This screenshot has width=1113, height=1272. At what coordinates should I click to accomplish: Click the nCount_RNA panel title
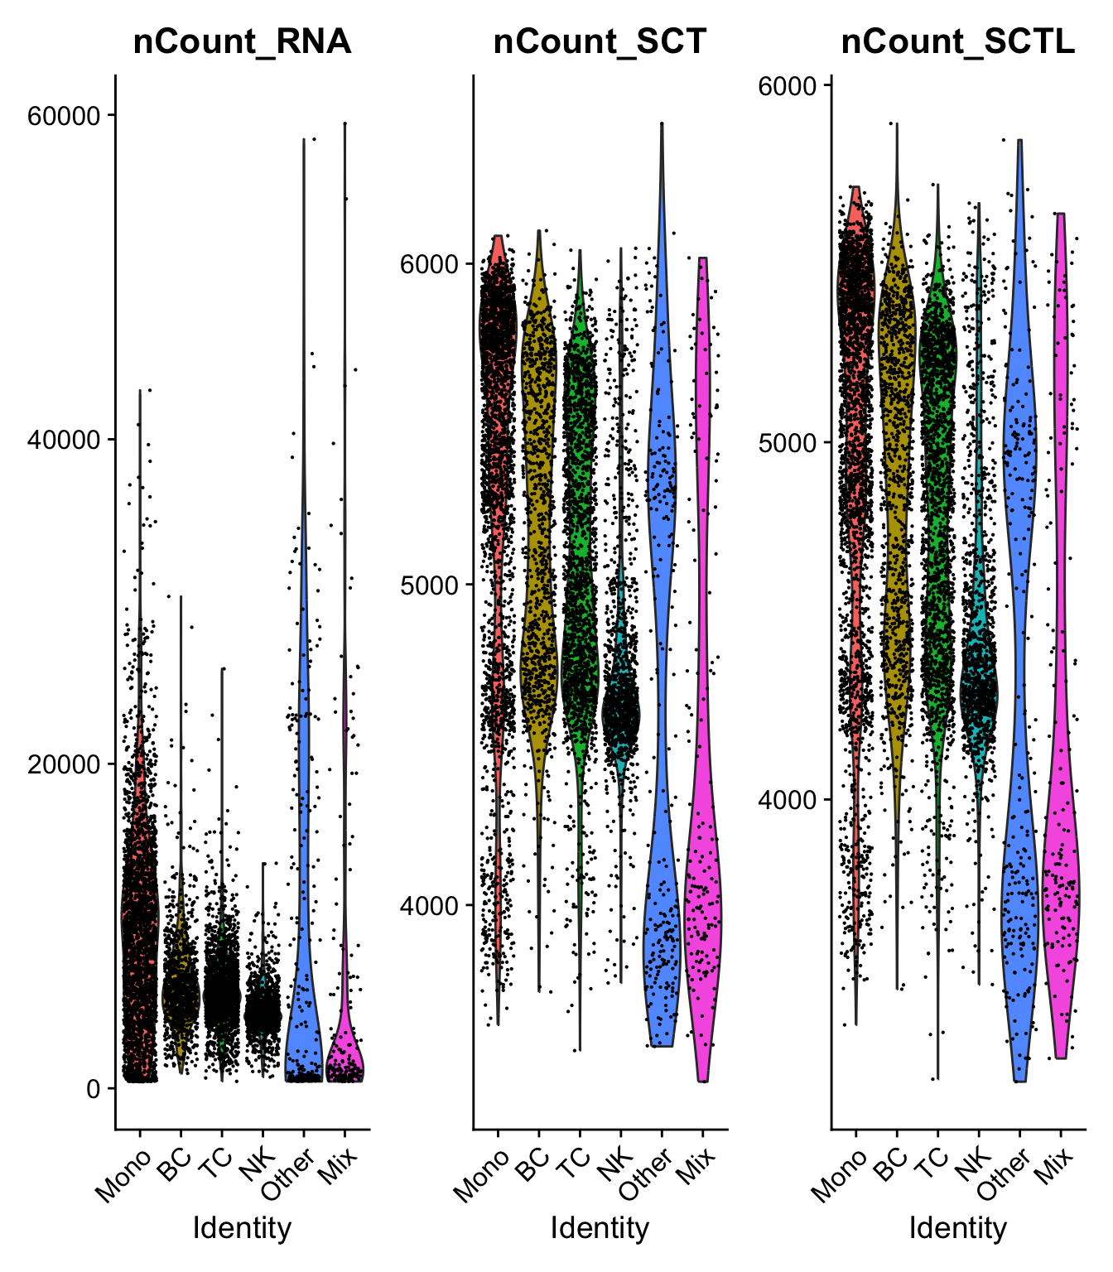pyautogui.click(x=242, y=41)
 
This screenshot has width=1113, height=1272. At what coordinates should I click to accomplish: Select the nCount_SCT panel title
pyautogui.click(x=600, y=41)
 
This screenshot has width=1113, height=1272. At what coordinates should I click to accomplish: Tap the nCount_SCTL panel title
pyautogui.click(x=958, y=41)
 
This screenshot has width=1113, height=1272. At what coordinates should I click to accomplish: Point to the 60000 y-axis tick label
pyautogui.click(x=63, y=116)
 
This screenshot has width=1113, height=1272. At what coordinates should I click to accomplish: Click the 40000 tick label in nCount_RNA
pyautogui.click(x=63, y=440)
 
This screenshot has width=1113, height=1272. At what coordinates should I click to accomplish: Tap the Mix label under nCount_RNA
pyautogui.click(x=337, y=1168)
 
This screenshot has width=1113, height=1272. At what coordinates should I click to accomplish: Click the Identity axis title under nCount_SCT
pyautogui.click(x=600, y=1227)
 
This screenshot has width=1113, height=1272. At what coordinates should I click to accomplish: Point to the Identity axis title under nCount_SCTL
pyautogui.click(x=958, y=1227)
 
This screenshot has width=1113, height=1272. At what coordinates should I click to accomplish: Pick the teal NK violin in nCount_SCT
pyautogui.click(x=620, y=712)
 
